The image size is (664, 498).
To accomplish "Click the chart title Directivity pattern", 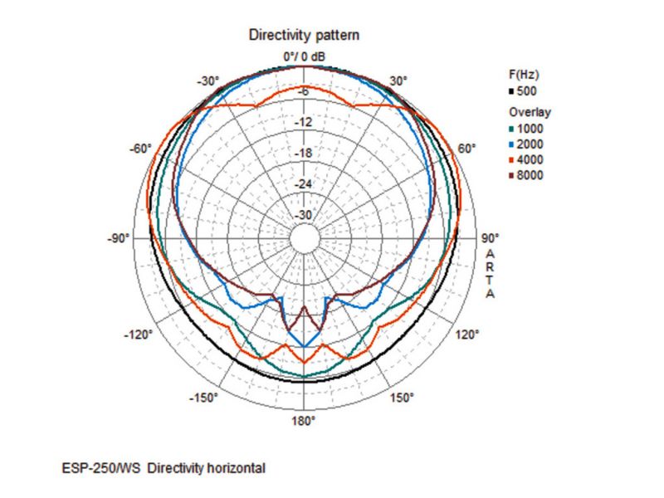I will [x=304, y=36].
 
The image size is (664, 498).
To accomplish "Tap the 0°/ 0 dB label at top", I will [x=304, y=56].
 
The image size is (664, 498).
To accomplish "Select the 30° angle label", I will [x=398, y=81].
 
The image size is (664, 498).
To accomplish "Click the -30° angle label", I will [x=207, y=81].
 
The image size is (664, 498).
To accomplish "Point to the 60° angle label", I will [x=466, y=149].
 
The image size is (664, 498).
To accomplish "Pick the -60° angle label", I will [x=139, y=149].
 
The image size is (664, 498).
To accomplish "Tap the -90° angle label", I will [x=120, y=239].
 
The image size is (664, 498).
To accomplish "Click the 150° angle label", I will [x=401, y=398].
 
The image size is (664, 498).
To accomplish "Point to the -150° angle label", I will [x=204, y=398].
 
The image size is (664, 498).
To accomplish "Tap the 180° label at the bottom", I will [x=303, y=422].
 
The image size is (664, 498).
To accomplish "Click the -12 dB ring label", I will [x=304, y=123].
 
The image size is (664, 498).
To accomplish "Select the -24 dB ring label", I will [x=304, y=184].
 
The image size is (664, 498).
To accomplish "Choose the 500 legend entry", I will [x=525, y=90].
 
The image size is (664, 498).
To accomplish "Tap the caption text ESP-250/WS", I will [x=94, y=469].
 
